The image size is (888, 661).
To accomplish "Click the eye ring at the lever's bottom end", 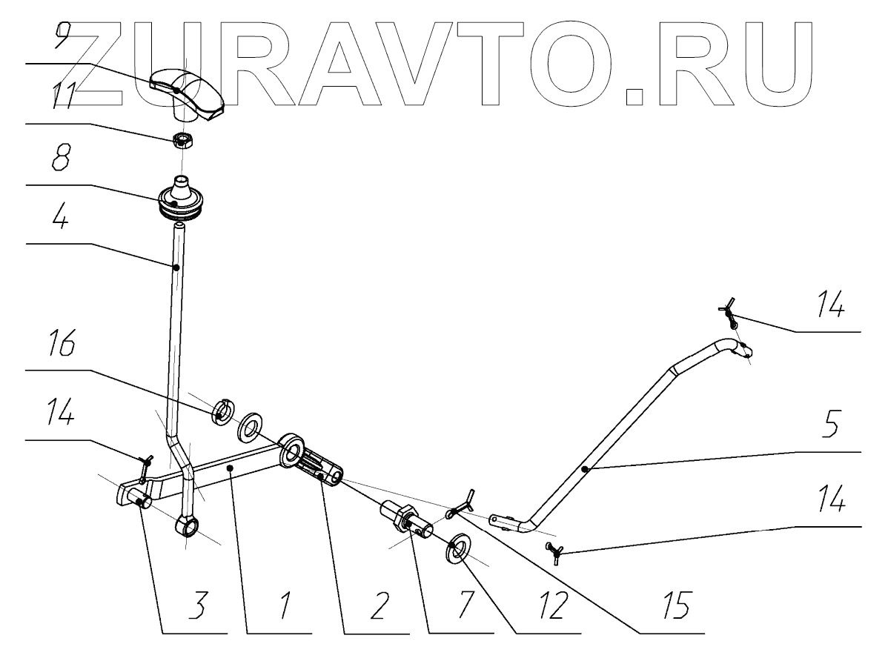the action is (187, 528).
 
